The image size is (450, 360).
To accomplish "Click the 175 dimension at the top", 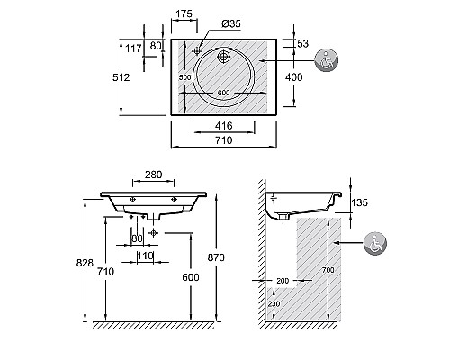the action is coord(184,13).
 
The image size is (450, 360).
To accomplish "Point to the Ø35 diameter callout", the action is coord(231,23).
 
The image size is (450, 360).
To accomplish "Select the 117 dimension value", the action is coord(133,48).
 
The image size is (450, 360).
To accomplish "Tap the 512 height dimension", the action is coord(121,77).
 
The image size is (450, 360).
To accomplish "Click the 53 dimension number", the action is coord(302,43).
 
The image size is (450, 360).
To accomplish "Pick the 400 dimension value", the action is coord(294,77).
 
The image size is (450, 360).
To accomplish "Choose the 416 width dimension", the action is coord(224,125).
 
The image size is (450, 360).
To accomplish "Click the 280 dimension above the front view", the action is coord(153,175).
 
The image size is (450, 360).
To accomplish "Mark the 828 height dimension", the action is coord(85,263).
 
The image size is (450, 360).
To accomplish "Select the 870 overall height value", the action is coord(216,257).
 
